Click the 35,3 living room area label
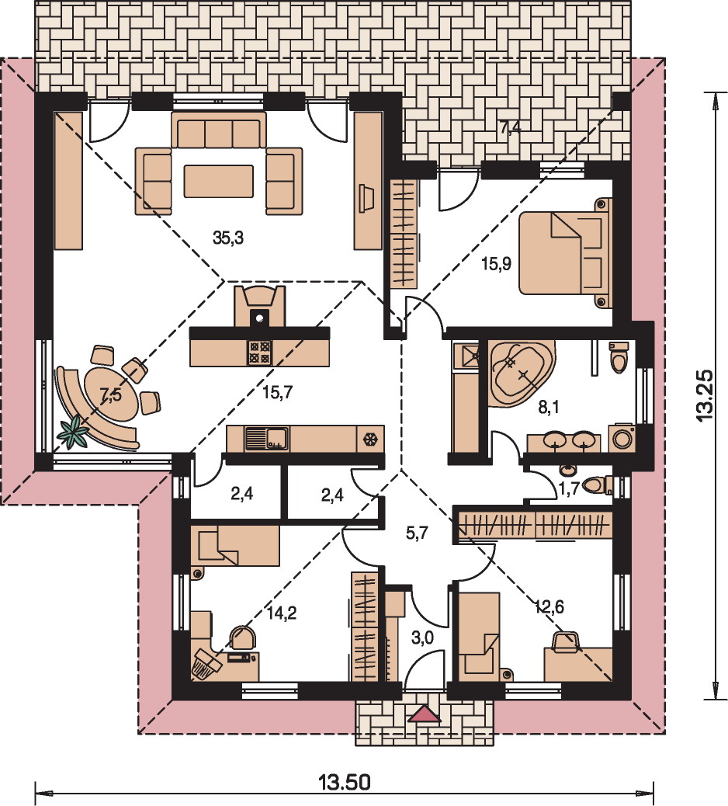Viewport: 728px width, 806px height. point(228,238)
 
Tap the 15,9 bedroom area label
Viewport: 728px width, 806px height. point(496,264)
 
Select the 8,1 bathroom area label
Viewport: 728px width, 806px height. point(548,408)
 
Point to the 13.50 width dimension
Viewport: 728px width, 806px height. point(345,782)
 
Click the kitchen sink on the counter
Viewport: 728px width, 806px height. point(266,439)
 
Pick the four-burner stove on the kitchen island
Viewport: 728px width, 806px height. point(260,353)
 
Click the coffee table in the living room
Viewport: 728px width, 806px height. point(218,181)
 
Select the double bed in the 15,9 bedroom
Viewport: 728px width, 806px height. point(566,253)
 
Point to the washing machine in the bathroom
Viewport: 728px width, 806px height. point(622,438)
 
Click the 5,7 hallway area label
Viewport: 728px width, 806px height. point(417,533)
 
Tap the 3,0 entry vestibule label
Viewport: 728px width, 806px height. point(422,638)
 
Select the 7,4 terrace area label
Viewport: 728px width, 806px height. point(511,127)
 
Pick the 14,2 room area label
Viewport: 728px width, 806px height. point(282,613)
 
